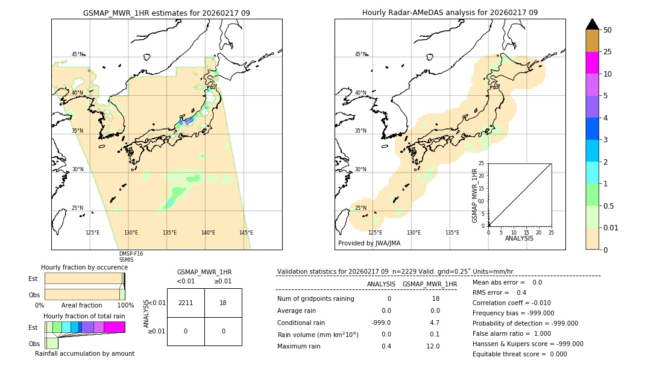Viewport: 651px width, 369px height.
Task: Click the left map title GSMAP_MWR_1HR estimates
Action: (166, 13)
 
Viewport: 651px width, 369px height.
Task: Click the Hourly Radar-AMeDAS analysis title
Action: (450, 13)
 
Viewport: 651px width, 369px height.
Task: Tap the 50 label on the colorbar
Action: (608, 30)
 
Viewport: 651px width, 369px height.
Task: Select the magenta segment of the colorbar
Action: (592, 63)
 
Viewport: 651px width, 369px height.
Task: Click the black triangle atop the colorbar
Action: (592, 24)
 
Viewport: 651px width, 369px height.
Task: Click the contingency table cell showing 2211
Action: (186, 303)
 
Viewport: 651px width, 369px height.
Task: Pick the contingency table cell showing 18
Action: (223, 303)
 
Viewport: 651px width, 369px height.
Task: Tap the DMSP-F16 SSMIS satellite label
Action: (131, 257)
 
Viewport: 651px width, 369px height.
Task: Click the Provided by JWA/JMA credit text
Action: (369, 244)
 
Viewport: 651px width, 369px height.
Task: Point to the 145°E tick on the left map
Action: (246, 233)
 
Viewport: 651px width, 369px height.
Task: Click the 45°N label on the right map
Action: (360, 55)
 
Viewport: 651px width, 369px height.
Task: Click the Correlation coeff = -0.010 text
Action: (512, 303)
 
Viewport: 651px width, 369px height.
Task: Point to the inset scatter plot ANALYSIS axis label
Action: (519, 238)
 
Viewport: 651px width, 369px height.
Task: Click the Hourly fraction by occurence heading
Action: (84, 267)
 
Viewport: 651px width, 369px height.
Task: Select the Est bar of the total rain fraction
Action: (85, 327)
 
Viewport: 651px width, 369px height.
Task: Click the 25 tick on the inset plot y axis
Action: (482, 163)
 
